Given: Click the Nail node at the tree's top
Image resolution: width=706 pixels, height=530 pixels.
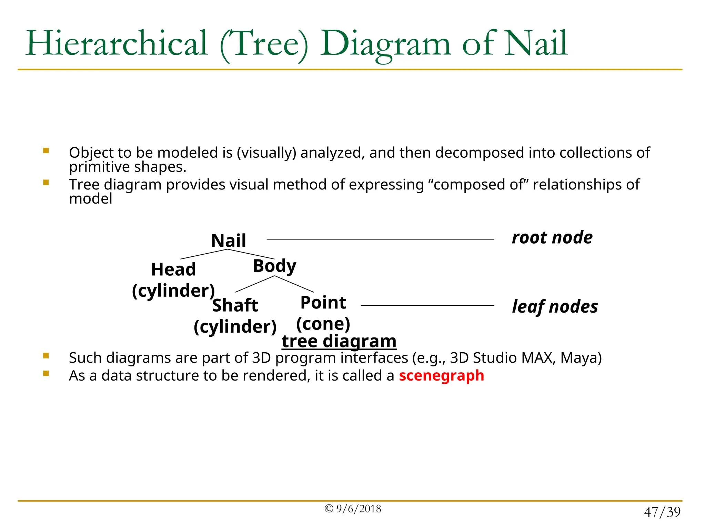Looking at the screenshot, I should point(229,241).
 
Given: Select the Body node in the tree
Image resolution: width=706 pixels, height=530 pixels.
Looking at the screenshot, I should point(274,266).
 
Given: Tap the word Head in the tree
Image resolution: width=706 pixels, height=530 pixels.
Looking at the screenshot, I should point(173,269).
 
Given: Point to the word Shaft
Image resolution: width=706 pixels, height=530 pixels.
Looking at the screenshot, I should point(235,305).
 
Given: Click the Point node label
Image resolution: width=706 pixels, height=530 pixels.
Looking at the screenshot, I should point(323,303).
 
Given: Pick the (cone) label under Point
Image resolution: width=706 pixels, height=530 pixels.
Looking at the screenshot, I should point(323,324).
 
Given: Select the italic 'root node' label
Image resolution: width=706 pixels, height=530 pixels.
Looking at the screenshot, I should point(552,238).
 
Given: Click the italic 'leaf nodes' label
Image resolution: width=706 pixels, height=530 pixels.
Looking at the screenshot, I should point(555,307).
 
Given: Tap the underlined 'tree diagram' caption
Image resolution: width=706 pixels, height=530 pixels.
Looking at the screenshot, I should point(339,341).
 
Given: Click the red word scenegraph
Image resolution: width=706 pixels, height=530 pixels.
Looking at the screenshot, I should point(441,375).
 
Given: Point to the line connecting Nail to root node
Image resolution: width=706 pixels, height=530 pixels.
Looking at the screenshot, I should point(380,239).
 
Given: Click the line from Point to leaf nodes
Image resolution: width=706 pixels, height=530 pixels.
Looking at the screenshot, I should point(427,305).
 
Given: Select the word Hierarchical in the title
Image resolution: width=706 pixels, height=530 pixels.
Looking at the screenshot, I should point(117,43).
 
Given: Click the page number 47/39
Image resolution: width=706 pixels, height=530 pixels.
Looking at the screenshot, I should point(662,512).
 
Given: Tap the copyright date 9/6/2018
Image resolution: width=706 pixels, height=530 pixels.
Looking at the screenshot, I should point(359,509).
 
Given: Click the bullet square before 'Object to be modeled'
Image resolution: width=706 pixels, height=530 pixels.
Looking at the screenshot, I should point(46,151).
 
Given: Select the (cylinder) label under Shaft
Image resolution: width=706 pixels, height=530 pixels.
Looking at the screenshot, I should point(235,327).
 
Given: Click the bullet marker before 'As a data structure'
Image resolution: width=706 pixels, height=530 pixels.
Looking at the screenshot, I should point(46,373).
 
